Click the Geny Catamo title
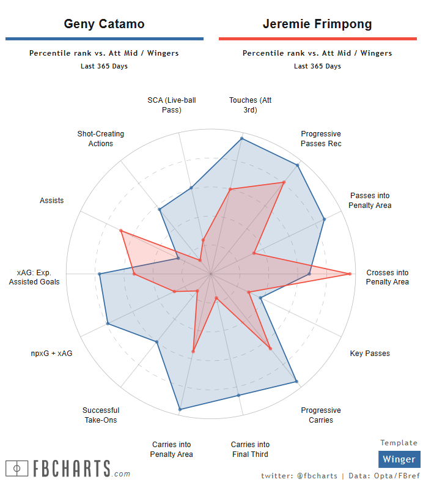pos(105,24)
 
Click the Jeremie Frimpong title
pos(317,24)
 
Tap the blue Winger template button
pos(399,459)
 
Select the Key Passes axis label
pos(370,354)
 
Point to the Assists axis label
pos(52,201)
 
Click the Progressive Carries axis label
pos(321,415)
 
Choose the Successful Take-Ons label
pos(101,415)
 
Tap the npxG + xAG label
pos(52,354)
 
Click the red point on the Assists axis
pos(121,231)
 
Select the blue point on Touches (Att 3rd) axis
pos(242,138)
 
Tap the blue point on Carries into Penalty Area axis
pos(180,409)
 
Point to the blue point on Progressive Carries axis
pos(297,382)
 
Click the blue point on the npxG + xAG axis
pos(108,324)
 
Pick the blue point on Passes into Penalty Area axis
pos(324,218)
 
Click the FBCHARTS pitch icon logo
pos(17,469)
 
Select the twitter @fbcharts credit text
pos(299,475)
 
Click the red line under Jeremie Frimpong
pos(318,39)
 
